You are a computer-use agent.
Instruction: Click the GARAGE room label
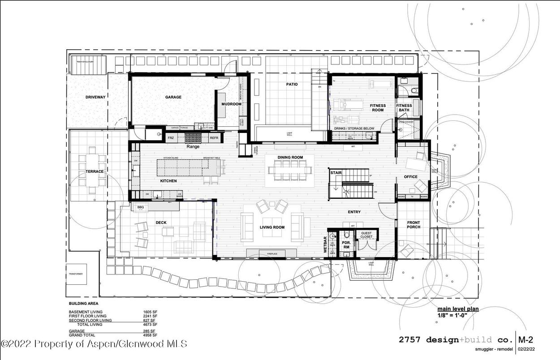click(173, 97)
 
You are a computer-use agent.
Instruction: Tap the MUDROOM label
click(231, 104)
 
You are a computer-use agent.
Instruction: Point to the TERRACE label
click(95, 171)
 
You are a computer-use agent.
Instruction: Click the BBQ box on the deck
click(140, 207)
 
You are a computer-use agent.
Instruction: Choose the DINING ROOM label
click(290, 157)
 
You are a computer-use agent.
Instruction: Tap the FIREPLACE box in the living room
click(272, 254)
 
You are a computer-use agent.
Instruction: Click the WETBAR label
click(326, 245)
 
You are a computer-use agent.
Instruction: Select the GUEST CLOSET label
click(366, 235)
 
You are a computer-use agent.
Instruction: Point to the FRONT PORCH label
click(413, 225)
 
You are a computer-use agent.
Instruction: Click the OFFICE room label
click(410, 177)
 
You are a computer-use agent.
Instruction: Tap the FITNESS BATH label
click(404, 108)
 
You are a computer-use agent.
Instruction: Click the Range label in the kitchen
click(193, 146)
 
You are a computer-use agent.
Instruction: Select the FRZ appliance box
click(171, 138)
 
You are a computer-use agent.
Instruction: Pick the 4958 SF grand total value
click(150, 335)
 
